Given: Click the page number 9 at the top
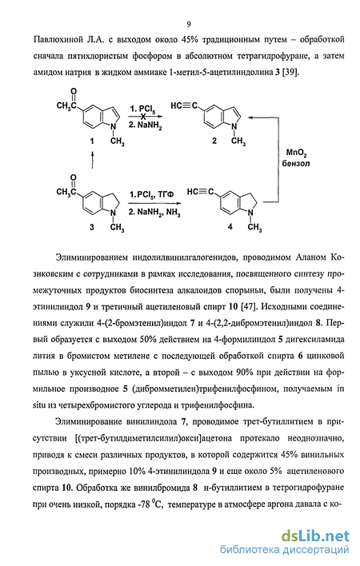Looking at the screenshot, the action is point(189,25).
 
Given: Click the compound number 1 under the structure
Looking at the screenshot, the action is point(92,141).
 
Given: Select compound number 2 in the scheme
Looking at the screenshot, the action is point(214,141).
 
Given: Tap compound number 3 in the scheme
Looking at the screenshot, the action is point(92,227).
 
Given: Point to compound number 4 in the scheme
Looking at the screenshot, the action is point(230,226).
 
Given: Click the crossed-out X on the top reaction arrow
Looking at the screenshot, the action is point(143,117).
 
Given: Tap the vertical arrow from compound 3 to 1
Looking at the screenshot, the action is point(93,160).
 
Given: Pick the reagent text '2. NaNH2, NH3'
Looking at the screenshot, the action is point(154,212).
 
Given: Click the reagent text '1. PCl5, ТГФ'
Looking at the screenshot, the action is point(152,194).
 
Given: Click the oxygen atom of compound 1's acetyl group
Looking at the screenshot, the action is point(74,91).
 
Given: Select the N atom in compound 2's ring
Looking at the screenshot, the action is point(234,126).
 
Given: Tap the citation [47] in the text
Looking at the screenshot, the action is point(249,306).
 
